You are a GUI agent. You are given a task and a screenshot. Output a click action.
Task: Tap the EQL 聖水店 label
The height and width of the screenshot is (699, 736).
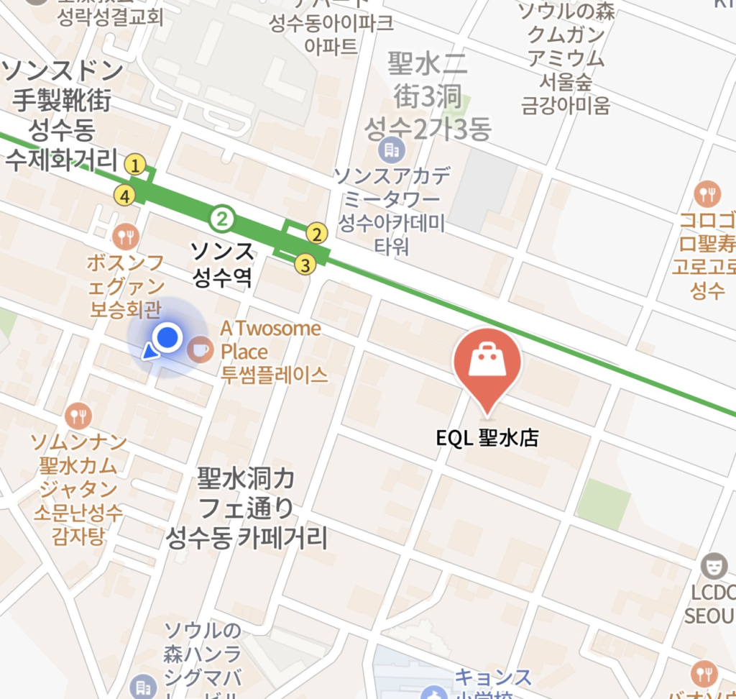point(487,438)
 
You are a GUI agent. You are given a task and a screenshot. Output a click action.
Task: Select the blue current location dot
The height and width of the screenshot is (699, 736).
point(168,336)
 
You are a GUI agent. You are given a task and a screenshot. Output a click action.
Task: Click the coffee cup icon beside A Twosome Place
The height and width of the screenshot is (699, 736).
point(199,349)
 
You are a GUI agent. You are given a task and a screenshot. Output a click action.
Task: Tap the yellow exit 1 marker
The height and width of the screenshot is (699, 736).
point(134,165)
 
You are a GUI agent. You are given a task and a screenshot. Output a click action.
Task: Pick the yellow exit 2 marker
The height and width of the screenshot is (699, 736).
point(316,234)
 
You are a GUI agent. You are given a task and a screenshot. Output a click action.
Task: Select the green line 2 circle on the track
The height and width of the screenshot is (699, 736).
point(223,217)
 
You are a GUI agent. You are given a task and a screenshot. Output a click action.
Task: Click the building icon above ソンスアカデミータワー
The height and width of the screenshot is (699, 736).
point(392,150)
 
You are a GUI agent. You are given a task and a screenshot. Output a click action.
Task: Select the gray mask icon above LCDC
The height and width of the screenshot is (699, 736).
point(713,566)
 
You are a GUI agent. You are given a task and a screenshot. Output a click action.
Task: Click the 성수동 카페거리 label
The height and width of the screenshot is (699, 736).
point(247,537)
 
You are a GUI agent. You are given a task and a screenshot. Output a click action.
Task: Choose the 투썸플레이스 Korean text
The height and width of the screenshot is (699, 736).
point(274,375)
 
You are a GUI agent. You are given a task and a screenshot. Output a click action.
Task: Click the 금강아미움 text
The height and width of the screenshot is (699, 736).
point(566,106)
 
